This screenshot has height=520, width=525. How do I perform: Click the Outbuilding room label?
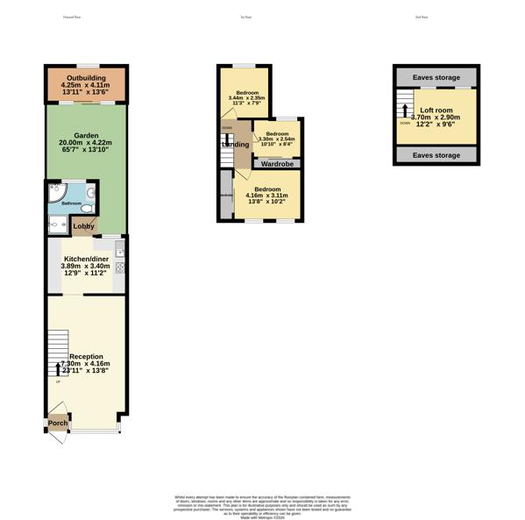pyautogui.click(x=86, y=78)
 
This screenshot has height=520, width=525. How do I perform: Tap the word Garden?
pyautogui.click(x=86, y=136)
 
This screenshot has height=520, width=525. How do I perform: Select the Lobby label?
pyautogui.click(x=84, y=226)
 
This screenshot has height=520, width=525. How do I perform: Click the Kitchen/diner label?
pyautogui.click(x=85, y=259)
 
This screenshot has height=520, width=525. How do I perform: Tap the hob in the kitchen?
pyautogui.click(x=120, y=267)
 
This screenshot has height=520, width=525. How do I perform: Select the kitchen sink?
pyautogui.click(x=120, y=251)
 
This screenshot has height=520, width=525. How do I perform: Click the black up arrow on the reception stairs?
pyautogui.click(x=59, y=369)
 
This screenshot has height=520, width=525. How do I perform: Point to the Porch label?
pyautogui.click(x=58, y=424)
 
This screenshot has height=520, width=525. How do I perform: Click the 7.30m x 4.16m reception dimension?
pyautogui.click(x=86, y=364)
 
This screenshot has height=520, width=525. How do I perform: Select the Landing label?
pyautogui.click(x=234, y=145)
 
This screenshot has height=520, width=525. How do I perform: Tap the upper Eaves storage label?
pyautogui.click(x=436, y=78)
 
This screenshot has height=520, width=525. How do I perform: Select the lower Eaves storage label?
pyautogui.click(x=436, y=155)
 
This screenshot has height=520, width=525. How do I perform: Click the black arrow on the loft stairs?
pyautogui.click(x=405, y=110)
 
